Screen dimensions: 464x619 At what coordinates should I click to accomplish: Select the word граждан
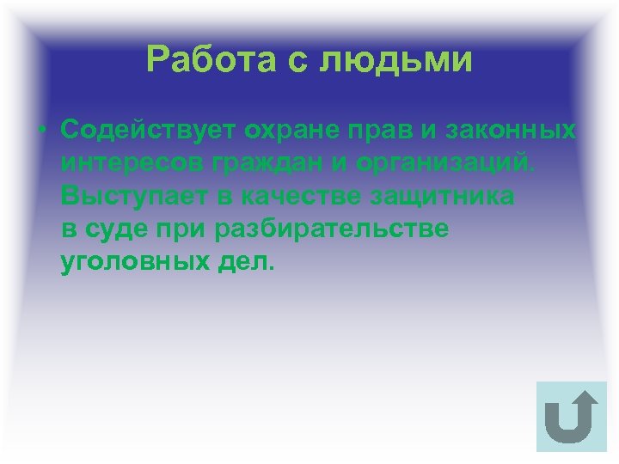pos(255,163)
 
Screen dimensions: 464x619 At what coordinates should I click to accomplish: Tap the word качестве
pos(291,197)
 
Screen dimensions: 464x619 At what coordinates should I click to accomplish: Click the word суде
pos(113,230)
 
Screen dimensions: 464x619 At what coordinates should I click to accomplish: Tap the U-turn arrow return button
pos(571,417)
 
